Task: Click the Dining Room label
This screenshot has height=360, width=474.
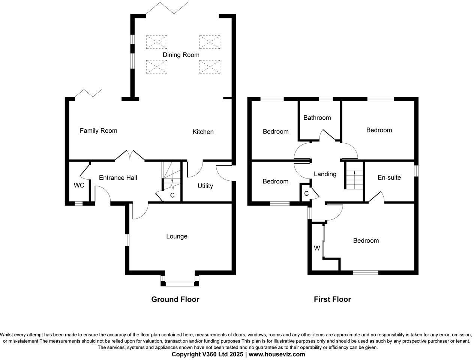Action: click(x=181, y=55)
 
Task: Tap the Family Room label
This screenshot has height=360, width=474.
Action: click(x=98, y=131)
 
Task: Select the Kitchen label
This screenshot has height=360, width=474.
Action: click(x=203, y=132)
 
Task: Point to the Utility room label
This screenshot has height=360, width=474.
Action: click(x=205, y=186)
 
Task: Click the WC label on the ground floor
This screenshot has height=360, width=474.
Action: click(x=79, y=185)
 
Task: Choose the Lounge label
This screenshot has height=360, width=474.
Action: click(x=177, y=237)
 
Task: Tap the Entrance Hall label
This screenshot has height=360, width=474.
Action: click(x=118, y=178)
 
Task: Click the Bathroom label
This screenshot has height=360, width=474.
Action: click(x=317, y=118)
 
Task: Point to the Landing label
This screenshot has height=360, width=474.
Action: click(x=325, y=174)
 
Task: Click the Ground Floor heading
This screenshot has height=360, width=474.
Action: click(x=175, y=299)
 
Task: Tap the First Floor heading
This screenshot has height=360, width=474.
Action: click(x=332, y=299)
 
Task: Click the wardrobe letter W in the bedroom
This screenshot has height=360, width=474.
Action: click(x=317, y=248)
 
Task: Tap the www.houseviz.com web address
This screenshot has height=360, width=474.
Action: click(x=277, y=354)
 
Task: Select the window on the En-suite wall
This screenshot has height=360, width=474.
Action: click(x=416, y=171)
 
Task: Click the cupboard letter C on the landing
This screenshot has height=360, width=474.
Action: click(x=306, y=193)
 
